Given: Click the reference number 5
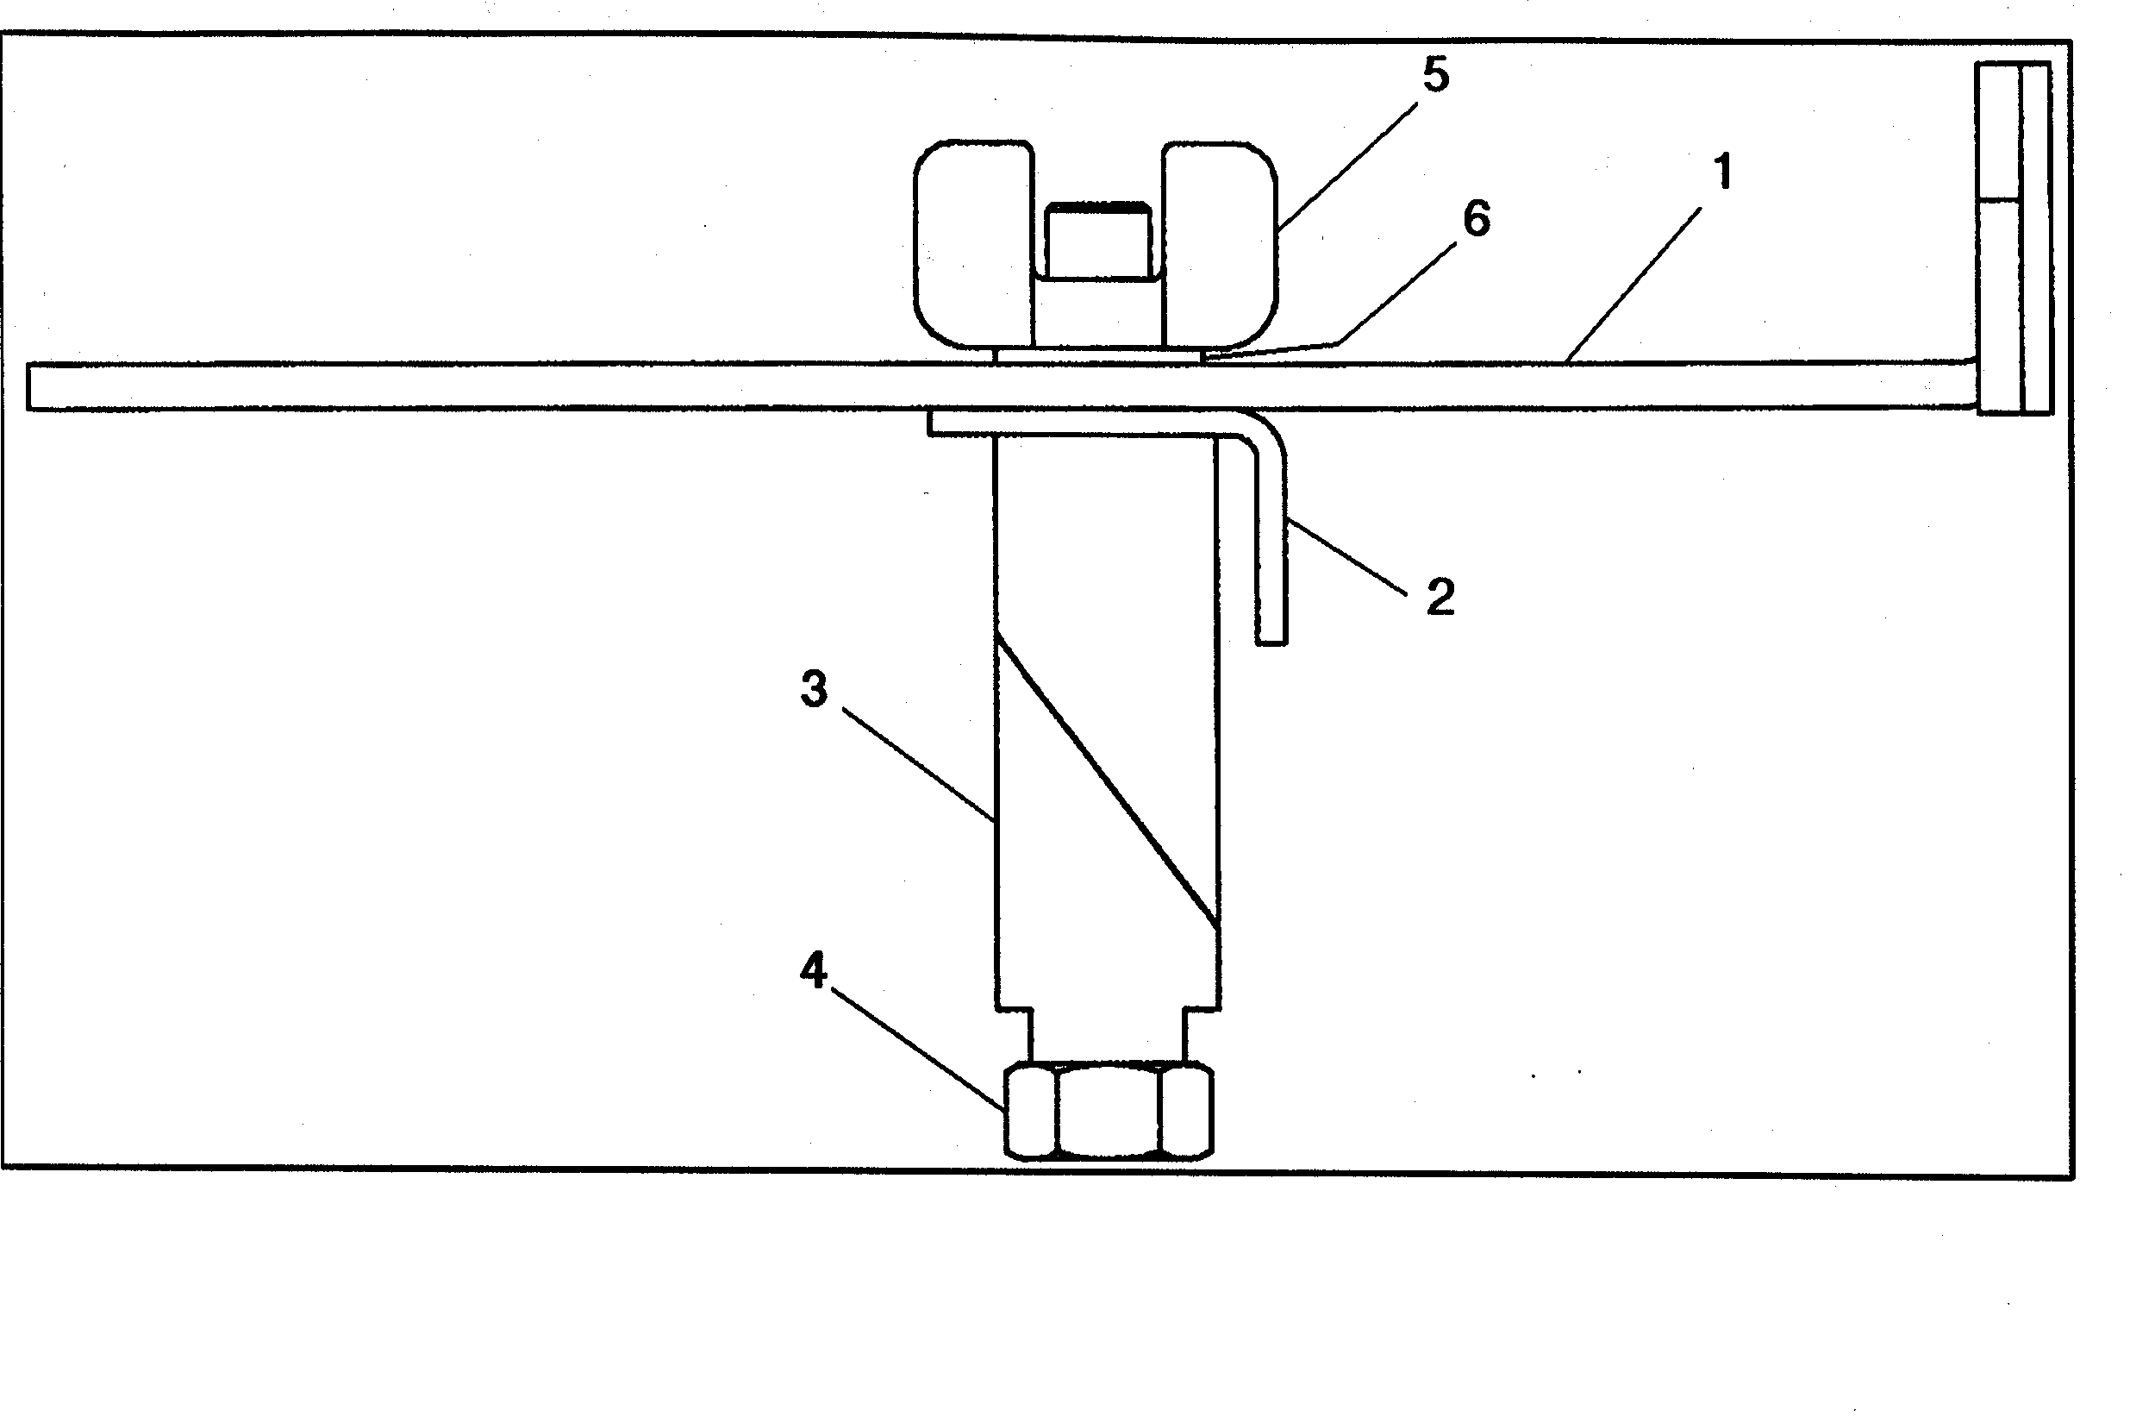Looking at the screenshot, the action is [1435, 74].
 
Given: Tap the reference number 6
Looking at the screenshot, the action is [1477, 219].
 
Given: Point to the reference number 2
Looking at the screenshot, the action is [1440, 597].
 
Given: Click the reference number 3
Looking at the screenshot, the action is [814, 689].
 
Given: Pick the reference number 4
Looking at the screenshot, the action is [813, 971].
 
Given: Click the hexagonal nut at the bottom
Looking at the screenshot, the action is [1109, 1112].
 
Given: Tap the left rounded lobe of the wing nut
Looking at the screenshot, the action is [973, 244].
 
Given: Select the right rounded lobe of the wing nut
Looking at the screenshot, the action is [1219, 244].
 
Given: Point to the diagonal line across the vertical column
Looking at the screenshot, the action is [1107, 782].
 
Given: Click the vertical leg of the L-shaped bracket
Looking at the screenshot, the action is [1271, 544].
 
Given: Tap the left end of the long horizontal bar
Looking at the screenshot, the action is [29, 386].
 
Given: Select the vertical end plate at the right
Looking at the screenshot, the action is [2014, 238].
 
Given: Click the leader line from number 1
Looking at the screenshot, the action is [1633, 285].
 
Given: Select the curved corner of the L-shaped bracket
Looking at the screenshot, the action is [1263, 432].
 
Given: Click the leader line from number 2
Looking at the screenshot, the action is [1347, 556].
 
